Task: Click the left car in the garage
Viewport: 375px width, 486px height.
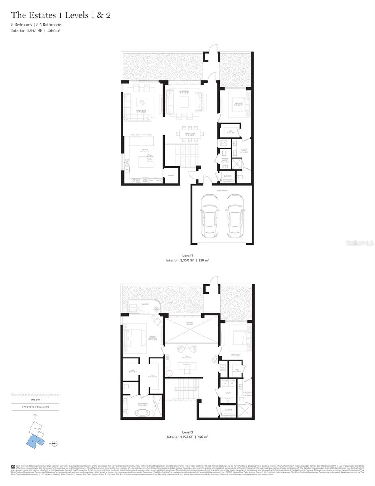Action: point(210,216)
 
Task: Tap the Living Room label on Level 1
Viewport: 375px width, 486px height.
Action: point(184,92)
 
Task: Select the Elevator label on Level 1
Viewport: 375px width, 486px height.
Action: point(227,175)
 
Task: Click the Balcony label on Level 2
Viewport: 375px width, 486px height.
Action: point(145,304)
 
